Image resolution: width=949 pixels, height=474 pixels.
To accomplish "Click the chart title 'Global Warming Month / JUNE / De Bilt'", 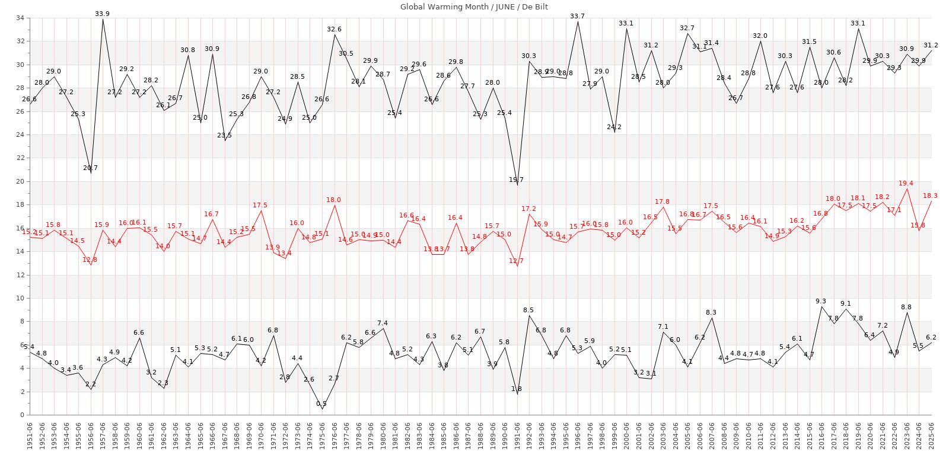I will (x=474, y=7).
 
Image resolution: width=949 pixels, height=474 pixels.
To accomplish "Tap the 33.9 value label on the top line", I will (x=103, y=14).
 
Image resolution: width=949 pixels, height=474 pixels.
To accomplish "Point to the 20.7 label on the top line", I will (x=90, y=168).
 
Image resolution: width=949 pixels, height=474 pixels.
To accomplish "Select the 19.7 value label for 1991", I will (x=517, y=180).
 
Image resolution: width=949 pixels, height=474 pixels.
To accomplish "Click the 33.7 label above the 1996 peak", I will (x=577, y=16).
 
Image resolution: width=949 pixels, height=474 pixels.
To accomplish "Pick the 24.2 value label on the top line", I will (x=614, y=127).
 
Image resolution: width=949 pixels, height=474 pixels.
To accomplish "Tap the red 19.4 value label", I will (x=906, y=184).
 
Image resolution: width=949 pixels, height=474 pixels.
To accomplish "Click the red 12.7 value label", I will (x=516, y=261).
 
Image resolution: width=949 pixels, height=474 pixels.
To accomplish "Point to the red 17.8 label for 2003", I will (x=663, y=202).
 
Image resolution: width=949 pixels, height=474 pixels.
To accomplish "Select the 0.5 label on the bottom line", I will (x=321, y=404).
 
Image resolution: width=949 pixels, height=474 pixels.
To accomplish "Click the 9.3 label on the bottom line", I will (x=821, y=302).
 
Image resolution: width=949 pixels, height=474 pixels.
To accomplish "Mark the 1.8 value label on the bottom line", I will (x=517, y=389).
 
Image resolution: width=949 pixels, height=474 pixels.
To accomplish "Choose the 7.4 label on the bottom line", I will (x=383, y=324).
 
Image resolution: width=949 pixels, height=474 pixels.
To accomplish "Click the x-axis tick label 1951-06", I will (x=30, y=435).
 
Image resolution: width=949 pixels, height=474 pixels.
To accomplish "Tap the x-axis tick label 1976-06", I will (x=335, y=435).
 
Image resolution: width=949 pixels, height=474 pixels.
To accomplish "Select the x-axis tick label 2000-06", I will (x=627, y=435).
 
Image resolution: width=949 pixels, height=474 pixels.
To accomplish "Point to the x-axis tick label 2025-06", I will (x=931, y=435).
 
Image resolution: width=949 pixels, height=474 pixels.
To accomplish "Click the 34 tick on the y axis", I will (x=20, y=18).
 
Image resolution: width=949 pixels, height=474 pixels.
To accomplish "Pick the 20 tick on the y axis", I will (x=20, y=182).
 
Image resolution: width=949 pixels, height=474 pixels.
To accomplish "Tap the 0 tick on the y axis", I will (x=22, y=415).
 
